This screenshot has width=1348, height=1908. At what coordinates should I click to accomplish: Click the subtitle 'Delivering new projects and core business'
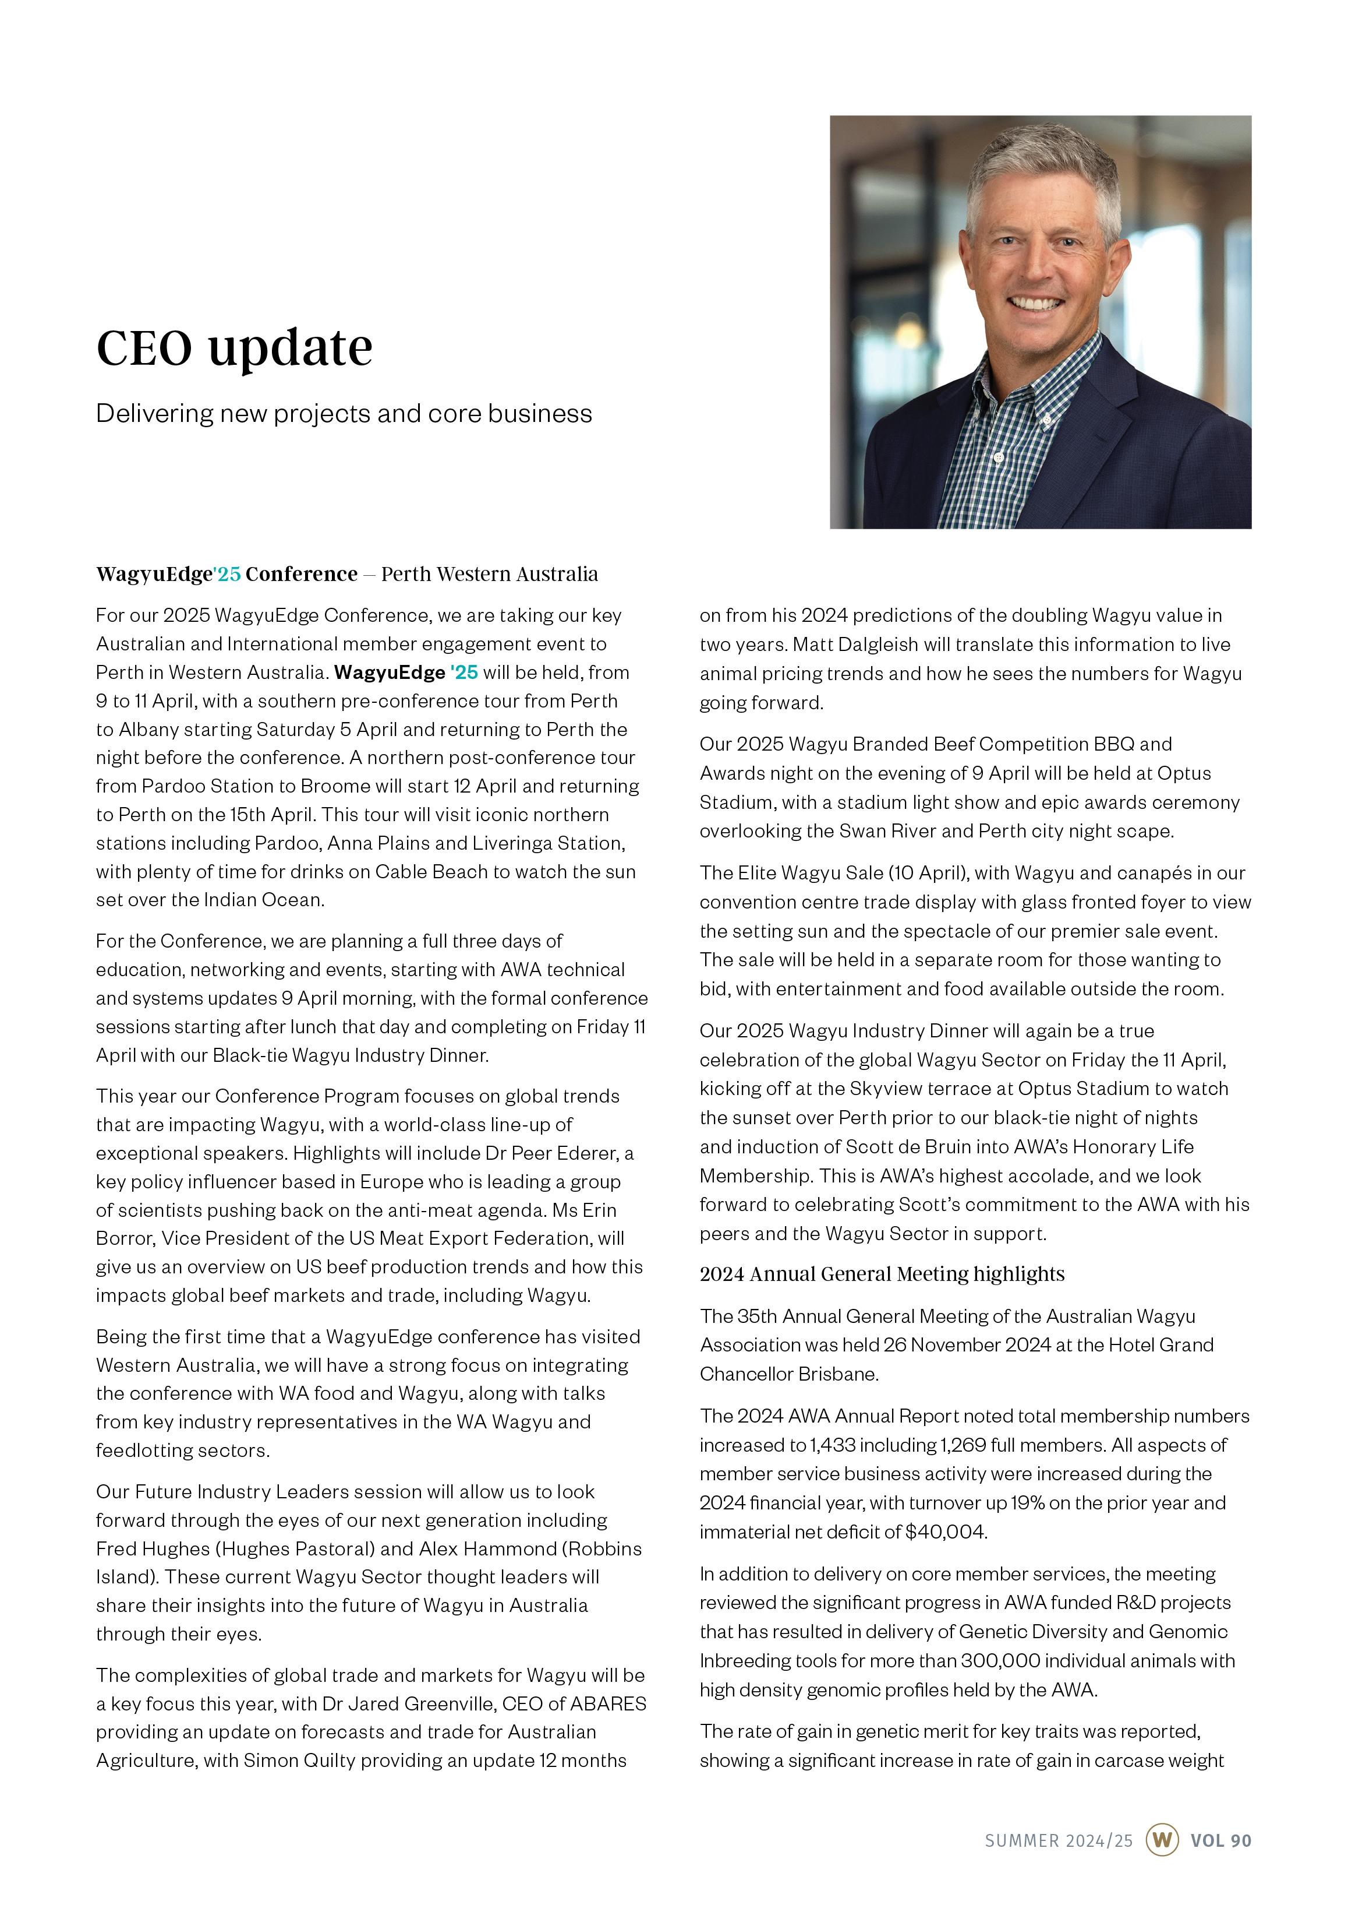coord(344,414)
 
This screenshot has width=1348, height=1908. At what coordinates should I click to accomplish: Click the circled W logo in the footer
coord(1162,1840)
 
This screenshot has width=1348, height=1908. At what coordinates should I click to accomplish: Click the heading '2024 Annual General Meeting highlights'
coord(881,1274)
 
